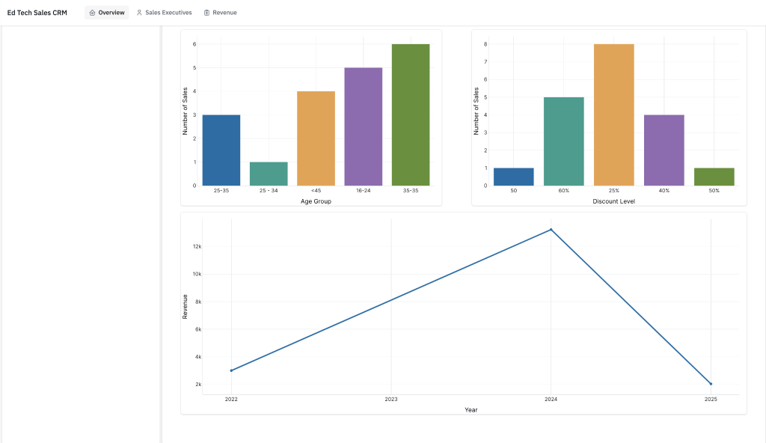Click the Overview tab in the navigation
106,13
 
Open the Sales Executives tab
164,13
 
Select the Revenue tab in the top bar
221,13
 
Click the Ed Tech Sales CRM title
37,13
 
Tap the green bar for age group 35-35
411,115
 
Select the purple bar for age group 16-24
364,126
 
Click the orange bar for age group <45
316,138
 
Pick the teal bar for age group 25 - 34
269,174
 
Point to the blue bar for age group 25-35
221,150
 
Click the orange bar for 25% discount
614,115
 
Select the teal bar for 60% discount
564,141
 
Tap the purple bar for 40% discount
664,150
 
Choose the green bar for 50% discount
714,177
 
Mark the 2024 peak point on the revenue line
551,229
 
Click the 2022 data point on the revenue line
232,370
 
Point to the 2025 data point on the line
711,384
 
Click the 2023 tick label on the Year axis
391,400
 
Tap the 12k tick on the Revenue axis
197,246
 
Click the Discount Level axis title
614,201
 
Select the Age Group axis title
316,201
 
